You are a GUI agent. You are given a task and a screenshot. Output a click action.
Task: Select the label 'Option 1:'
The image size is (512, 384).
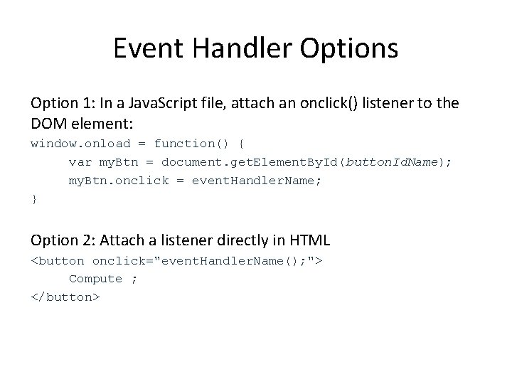coord(59,104)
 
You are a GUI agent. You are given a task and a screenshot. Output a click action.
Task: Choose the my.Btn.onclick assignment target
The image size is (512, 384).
coord(118,181)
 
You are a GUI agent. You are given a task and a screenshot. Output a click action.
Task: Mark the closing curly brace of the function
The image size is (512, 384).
coord(33,200)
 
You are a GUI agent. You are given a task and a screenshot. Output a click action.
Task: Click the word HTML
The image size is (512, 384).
coord(311,240)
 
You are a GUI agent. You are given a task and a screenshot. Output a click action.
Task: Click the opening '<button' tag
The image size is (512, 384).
coord(58,260)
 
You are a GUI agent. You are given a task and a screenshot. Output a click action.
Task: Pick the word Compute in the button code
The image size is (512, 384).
coord(95,279)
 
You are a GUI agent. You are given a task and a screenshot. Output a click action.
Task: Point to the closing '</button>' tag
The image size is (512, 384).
coord(65,297)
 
